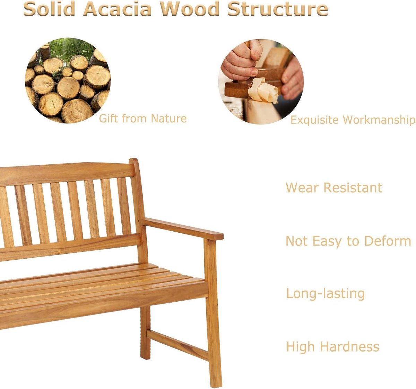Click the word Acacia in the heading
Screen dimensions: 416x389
pos(117,9)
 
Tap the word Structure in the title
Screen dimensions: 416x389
pos(278,9)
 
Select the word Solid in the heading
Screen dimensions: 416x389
pos(49,9)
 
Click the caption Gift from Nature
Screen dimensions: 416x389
pos(142,119)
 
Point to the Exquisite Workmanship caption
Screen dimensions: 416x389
pos(353,120)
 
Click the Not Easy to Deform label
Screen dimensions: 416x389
pos(348,241)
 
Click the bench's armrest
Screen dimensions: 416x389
pos(182,229)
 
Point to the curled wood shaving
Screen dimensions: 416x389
pos(263,90)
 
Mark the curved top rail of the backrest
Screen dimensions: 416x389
pos(67,173)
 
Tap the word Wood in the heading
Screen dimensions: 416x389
pos(189,9)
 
